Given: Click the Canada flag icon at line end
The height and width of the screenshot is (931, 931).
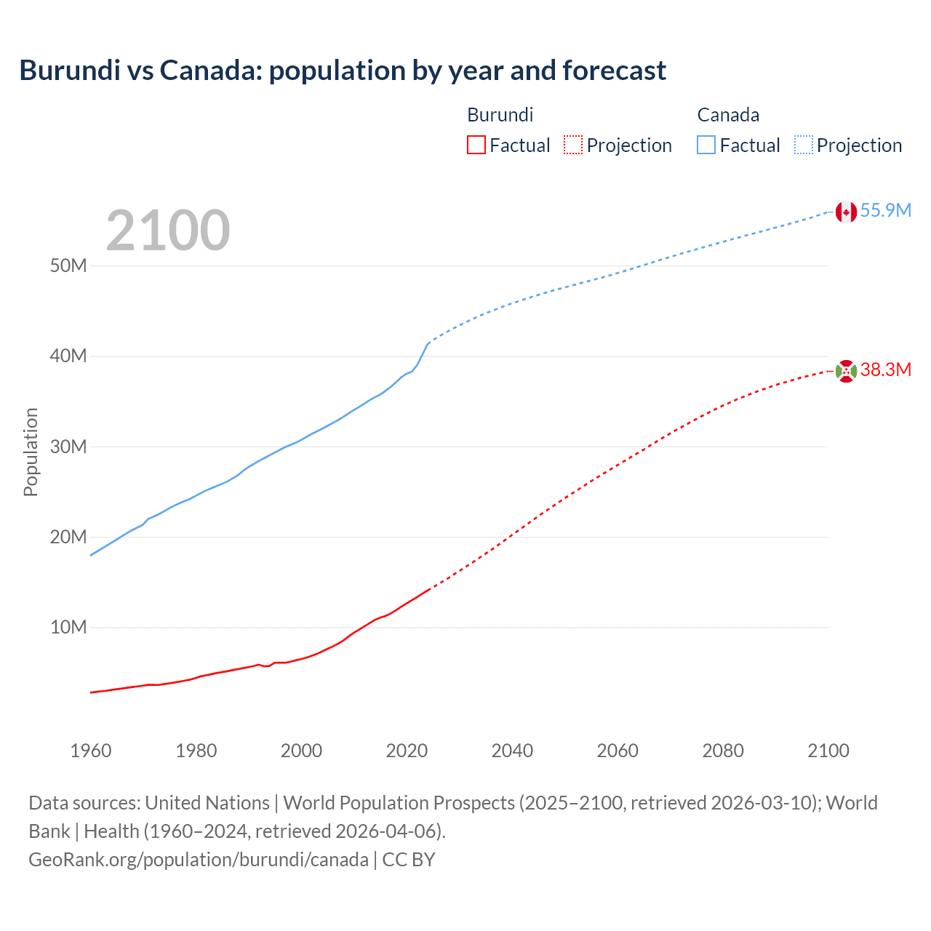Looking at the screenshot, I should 846,212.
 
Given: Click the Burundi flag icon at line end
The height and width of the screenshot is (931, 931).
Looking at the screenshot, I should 846,371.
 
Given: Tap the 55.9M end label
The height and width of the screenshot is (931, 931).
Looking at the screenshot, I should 885,210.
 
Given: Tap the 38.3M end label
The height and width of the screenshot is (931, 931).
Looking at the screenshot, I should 885,369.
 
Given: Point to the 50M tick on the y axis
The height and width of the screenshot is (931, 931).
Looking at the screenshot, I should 68,265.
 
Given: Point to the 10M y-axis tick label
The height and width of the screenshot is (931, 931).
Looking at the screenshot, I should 68,627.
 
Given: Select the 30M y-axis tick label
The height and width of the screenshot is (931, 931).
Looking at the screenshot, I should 68,447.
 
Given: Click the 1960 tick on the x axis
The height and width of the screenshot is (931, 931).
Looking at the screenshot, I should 91,751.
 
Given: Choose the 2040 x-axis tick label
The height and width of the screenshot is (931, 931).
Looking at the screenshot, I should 512,751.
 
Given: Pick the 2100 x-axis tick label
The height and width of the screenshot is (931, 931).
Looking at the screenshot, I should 828,751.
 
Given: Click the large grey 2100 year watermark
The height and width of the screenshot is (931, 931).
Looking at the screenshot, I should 168,231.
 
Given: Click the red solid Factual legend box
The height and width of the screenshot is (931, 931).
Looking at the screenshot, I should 476,145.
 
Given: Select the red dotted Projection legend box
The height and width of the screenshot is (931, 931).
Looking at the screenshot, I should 573,145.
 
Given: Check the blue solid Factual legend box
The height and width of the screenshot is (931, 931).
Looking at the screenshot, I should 706,145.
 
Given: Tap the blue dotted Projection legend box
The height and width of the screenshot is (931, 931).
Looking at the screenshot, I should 803,145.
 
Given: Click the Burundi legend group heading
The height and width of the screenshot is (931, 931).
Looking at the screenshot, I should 500,115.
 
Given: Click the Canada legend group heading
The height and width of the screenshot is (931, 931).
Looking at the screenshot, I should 728,115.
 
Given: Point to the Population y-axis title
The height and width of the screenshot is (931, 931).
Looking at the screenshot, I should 31,452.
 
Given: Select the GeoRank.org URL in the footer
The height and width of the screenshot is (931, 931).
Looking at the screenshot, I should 199,859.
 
